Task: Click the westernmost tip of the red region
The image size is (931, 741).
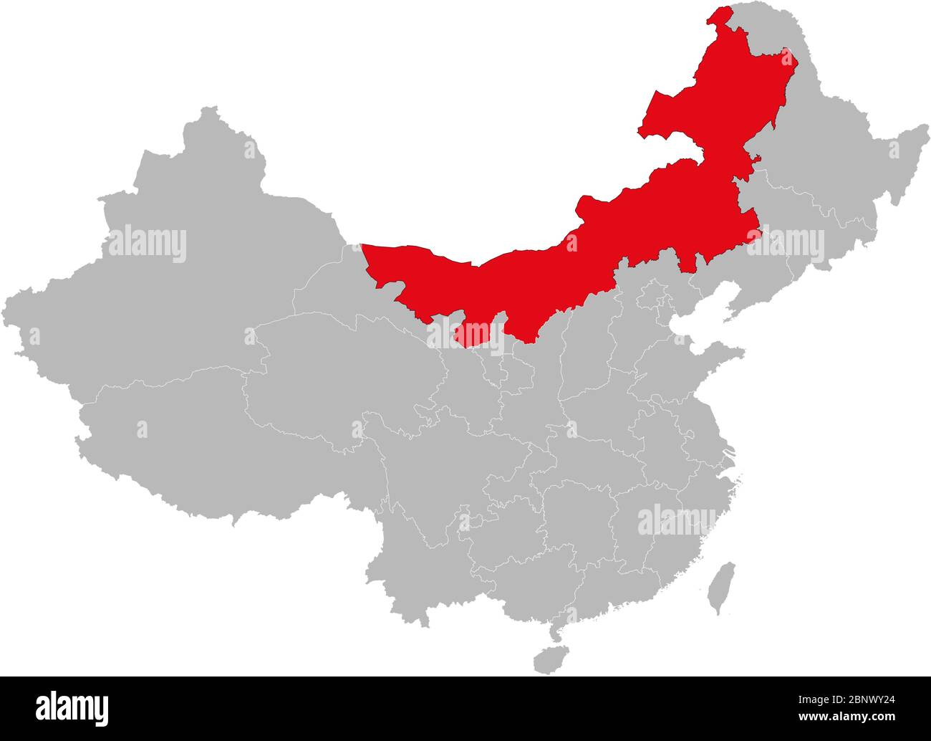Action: point(362,247)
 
